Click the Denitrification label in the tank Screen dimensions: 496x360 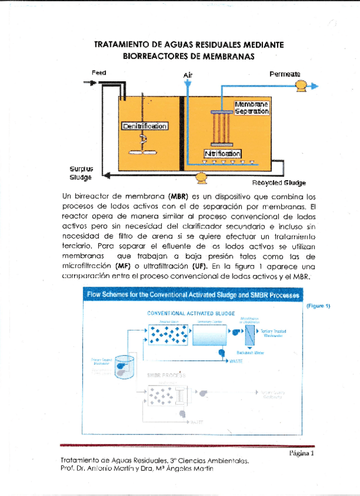(144, 126)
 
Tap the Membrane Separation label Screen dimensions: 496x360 (252, 108)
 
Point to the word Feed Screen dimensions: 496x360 (99, 72)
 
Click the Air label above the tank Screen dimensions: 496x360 (188, 75)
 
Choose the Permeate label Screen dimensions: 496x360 (285, 74)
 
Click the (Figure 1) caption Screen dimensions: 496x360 (319, 305)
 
